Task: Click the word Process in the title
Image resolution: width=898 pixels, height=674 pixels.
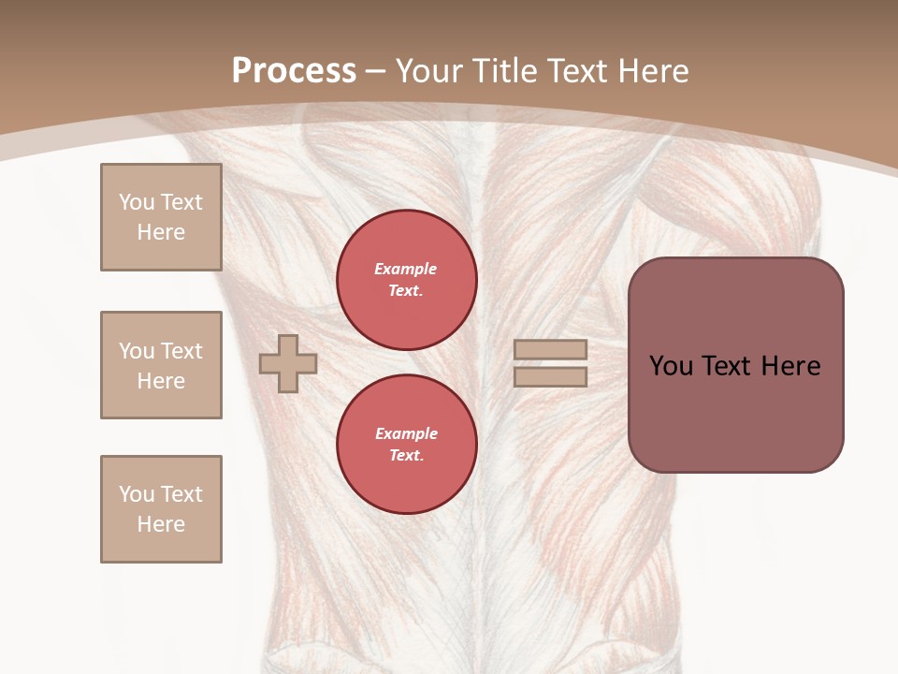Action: pos(294,71)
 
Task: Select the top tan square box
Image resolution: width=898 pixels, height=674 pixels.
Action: pos(161,217)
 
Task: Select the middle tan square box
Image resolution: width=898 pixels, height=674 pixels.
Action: pos(161,365)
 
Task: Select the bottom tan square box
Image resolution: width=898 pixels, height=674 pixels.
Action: pos(161,509)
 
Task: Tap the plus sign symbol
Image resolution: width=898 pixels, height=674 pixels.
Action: pos(288,363)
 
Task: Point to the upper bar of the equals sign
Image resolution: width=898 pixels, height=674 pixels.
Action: pos(551,350)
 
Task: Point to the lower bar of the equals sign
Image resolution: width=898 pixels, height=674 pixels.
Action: pos(551,376)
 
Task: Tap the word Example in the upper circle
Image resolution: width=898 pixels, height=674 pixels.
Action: pos(406,269)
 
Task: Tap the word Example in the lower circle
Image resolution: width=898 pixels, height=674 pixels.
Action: pos(406,433)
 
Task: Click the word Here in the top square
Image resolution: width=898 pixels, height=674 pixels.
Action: pos(161,232)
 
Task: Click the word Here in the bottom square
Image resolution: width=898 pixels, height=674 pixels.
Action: pos(161,524)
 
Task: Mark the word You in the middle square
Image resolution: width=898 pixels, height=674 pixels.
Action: pos(136,351)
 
